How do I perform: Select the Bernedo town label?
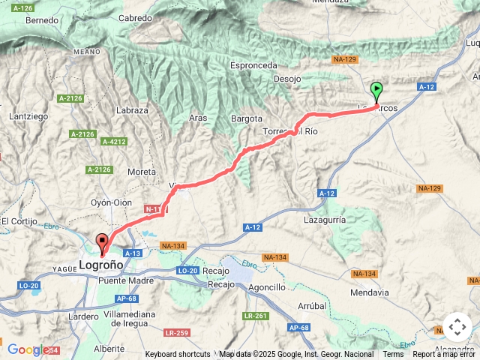pyautogui.click(x=42, y=20)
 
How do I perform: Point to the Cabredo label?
pyautogui.click(x=136, y=17)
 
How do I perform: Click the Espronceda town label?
pyautogui.click(x=254, y=65)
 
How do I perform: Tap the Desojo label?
pyautogui.click(x=287, y=78)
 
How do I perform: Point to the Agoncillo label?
pyautogui.click(x=265, y=287)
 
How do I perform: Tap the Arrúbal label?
pyautogui.click(x=310, y=306)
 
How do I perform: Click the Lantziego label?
pyautogui.click(x=28, y=116)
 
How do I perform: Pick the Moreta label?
pyautogui.click(x=142, y=172)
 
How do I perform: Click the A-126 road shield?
pyautogui.click(x=23, y=7)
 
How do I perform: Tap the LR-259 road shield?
pyautogui.click(x=177, y=332)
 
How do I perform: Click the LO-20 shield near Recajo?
pyautogui.click(x=187, y=270)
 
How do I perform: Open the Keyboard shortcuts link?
pyautogui.click(x=178, y=354)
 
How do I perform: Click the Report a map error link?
pyautogui.click(x=444, y=354)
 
